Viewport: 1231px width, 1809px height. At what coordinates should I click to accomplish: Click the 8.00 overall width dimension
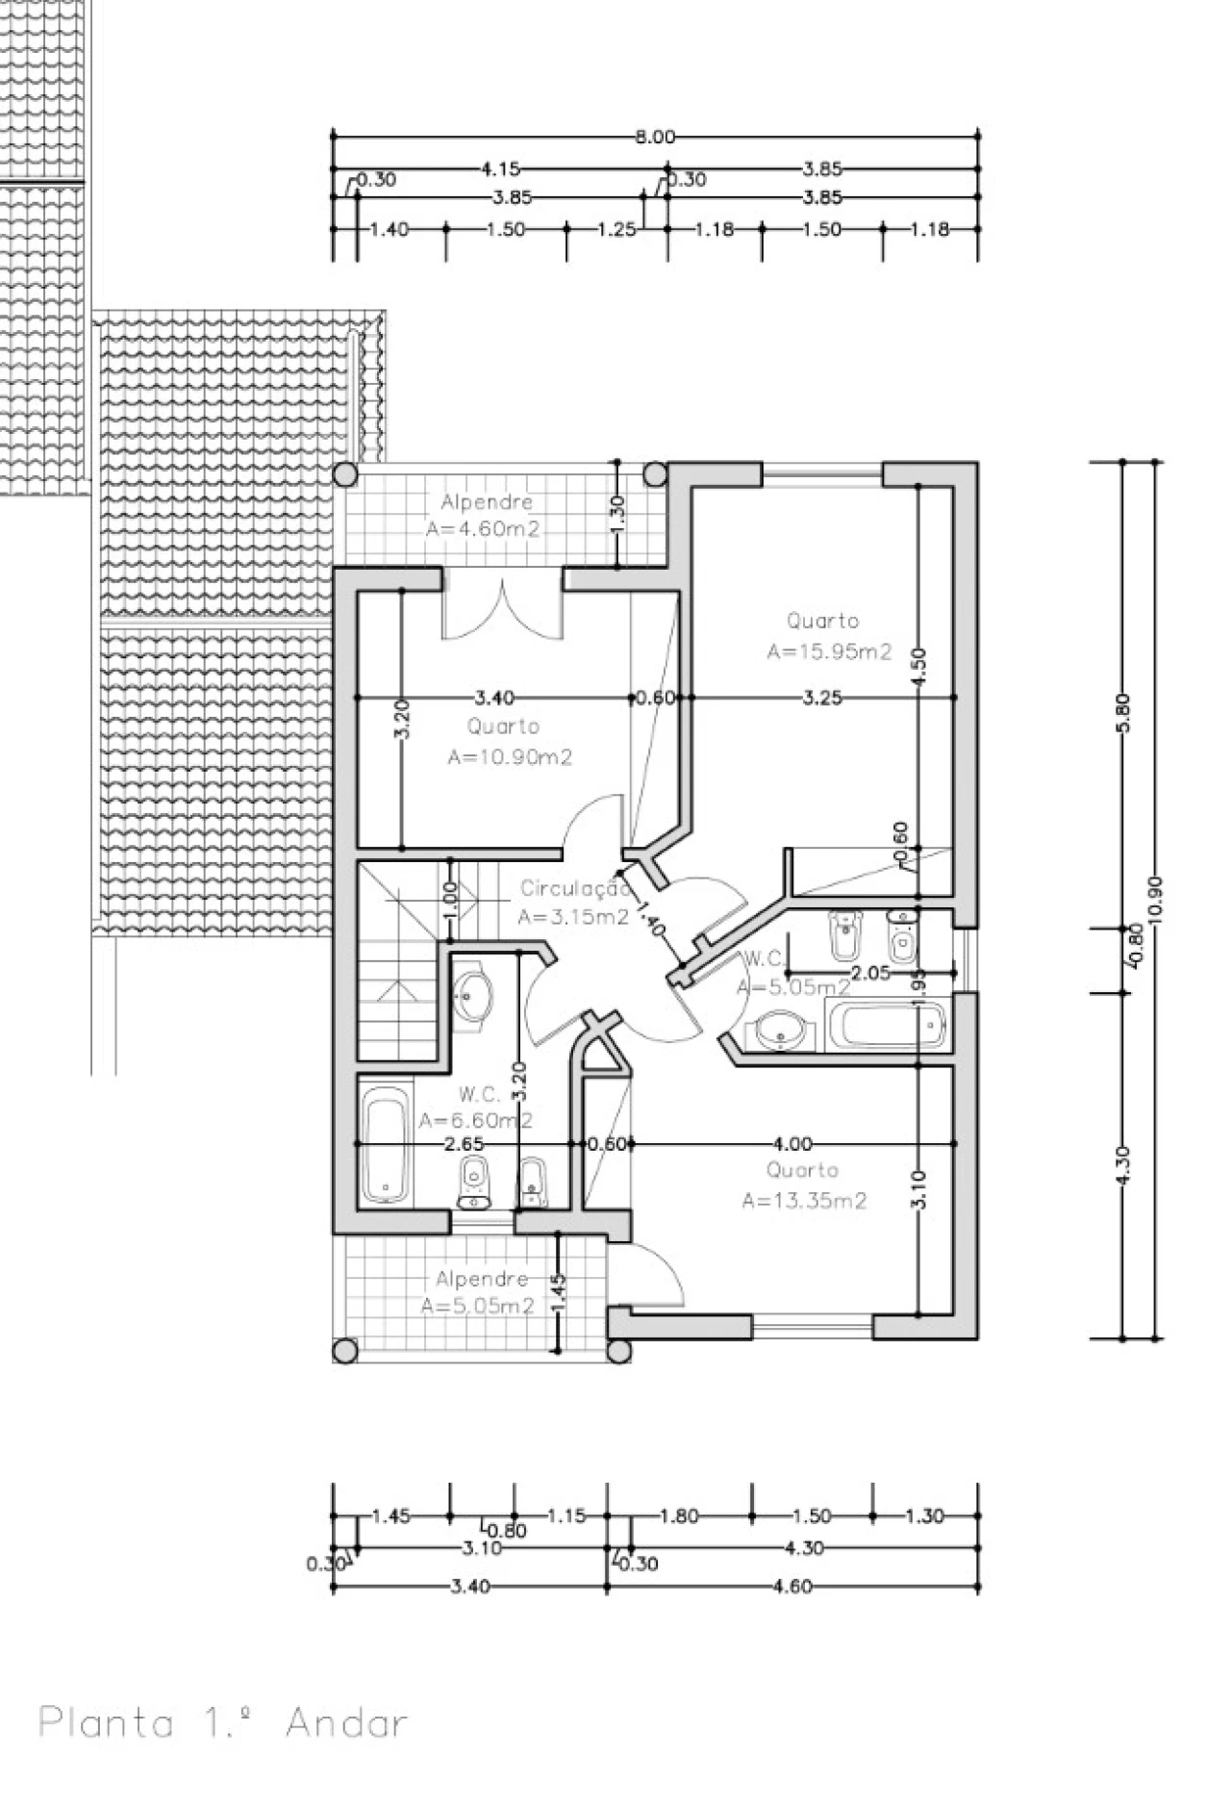[655, 137]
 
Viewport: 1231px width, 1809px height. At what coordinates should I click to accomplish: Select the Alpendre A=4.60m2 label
[486, 515]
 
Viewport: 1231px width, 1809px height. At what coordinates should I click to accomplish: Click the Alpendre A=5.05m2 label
[480, 1292]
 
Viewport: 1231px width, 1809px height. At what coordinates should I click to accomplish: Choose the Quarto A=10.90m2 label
[508, 742]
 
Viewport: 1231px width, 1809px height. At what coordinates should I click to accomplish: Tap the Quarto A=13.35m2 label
[804, 1185]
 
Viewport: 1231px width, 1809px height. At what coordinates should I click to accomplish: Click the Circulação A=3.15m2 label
[574, 903]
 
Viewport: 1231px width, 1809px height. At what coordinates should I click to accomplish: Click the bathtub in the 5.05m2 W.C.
[887, 1026]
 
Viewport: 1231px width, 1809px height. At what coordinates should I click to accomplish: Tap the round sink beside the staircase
[472, 994]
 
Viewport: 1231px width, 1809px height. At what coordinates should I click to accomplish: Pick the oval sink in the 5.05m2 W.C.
[780, 1031]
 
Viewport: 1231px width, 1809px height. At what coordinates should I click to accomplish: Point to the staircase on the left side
[394, 962]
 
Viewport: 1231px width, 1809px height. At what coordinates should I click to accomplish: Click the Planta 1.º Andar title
[223, 1721]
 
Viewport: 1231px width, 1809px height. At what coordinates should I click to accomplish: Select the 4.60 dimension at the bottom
[792, 1586]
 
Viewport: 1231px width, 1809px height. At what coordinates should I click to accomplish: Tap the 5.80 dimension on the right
[1123, 712]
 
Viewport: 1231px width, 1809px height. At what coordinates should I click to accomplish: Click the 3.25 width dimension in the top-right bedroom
[822, 698]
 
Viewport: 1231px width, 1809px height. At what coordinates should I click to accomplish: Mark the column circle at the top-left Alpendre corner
[345, 474]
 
